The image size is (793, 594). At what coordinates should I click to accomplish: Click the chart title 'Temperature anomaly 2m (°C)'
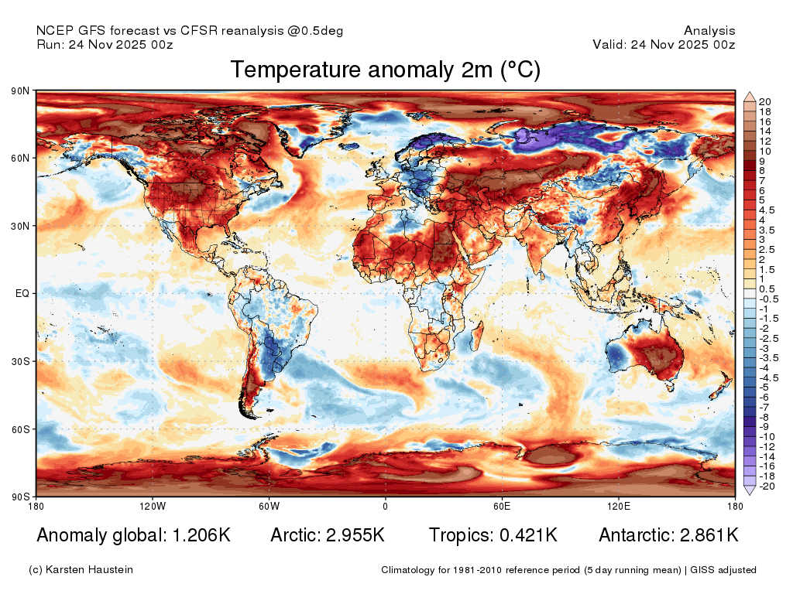click(386, 70)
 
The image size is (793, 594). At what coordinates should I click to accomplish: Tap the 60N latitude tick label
click(20, 158)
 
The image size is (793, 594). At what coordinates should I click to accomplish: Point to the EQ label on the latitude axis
click(22, 293)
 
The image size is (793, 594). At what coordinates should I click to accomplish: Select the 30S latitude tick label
click(20, 362)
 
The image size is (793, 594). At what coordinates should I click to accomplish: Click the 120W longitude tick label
click(153, 506)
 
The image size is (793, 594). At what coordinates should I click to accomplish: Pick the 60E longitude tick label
click(502, 506)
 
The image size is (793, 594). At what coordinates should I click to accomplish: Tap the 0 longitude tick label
click(386, 506)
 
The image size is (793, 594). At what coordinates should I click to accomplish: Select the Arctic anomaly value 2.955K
click(355, 535)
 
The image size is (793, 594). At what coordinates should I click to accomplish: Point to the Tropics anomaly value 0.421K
click(528, 535)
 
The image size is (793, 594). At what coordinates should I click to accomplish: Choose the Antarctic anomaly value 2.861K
click(709, 535)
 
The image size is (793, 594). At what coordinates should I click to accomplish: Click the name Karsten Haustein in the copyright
click(89, 570)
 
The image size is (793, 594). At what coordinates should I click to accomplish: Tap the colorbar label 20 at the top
click(764, 101)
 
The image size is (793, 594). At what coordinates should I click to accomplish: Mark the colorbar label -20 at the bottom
click(767, 486)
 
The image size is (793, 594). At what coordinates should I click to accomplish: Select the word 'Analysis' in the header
click(709, 31)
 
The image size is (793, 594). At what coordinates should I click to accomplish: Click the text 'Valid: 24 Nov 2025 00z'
click(664, 44)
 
